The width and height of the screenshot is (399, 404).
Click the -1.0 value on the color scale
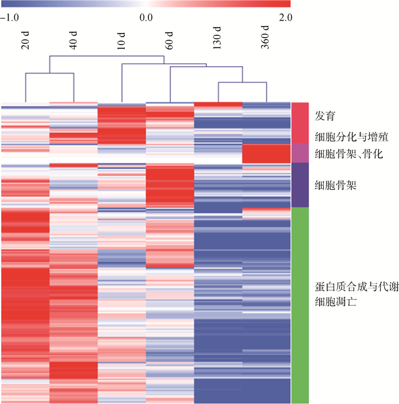(10, 17)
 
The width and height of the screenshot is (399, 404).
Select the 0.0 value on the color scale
(146, 17)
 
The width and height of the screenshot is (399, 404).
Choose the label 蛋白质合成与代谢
(356, 288)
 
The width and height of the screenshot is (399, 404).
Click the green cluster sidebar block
(300, 305)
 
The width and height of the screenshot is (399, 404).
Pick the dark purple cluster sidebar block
(300, 185)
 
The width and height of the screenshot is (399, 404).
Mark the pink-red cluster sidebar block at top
(300, 123)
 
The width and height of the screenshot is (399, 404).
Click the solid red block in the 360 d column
(266, 153)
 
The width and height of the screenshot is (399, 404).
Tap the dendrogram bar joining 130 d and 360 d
(243, 83)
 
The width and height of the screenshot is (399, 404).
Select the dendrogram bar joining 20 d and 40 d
(49, 73)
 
